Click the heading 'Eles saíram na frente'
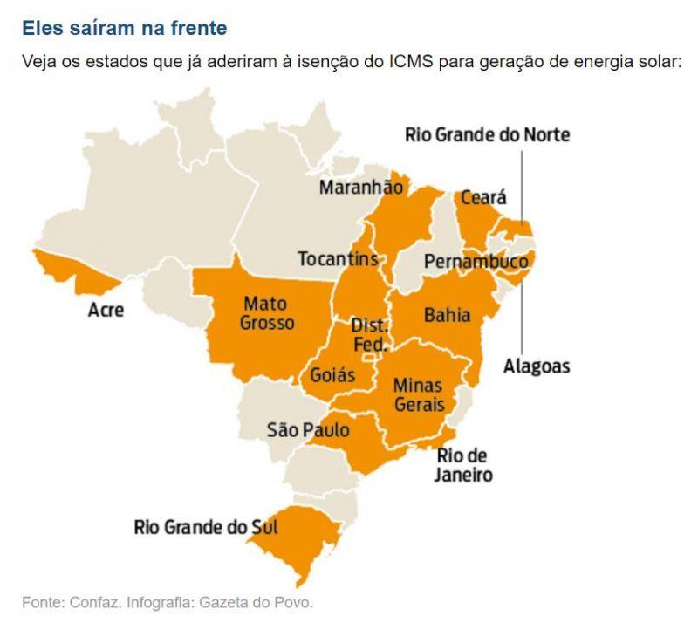(x=124, y=28)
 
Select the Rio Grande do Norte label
(x=487, y=135)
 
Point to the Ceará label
(x=483, y=197)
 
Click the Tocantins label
(x=338, y=259)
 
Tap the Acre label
(x=106, y=310)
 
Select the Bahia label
(x=447, y=315)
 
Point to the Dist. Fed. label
(x=369, y=335)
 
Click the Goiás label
(x=333, y=375)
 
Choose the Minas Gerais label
(x=419, y=394)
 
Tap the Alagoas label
(x=537, y=366)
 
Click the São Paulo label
(x=308, y=430)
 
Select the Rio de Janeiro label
(x=463, y=466)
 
